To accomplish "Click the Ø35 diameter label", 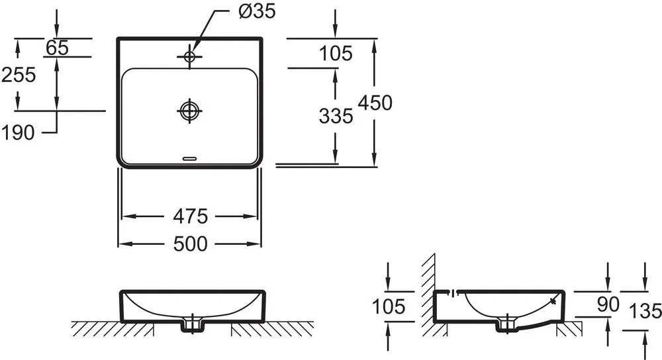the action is click(257, 11).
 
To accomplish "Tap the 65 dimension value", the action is click(57, 47).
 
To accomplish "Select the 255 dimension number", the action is click(19, 75).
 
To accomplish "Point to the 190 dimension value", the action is click(18, 133).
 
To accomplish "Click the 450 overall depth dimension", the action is click(375, 103).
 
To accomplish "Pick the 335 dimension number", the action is click(336, 116).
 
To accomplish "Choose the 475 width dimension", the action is click(191, 216).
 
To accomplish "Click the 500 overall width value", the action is click(191, 244).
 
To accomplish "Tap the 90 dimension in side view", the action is click(608, 304).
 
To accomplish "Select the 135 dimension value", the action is click(645, 312).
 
